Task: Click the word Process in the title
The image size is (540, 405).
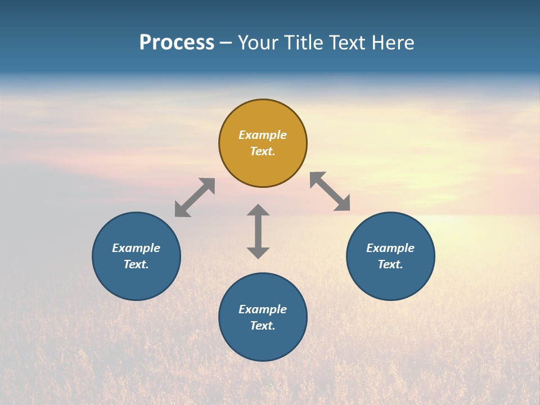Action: pos(177,43)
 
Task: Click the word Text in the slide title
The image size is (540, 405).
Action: pos(347,43)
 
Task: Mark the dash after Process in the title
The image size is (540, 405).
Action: pos(226,43)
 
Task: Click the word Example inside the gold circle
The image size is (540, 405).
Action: pos(263,135)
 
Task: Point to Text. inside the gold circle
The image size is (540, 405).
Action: pos(263,151)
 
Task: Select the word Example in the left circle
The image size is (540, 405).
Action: pos(136,248)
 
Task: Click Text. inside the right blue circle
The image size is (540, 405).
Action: pos(390,264)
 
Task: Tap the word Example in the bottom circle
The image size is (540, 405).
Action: pos(263,309)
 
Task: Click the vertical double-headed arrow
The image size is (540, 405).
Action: pos(258,231)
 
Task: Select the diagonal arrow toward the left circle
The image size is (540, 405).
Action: pos(195,197)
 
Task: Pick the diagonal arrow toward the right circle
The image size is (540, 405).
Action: pos(330,191)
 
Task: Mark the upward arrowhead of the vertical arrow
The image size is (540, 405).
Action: pos(258,210)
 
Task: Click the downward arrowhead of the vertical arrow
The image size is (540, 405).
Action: pos(258,253)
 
